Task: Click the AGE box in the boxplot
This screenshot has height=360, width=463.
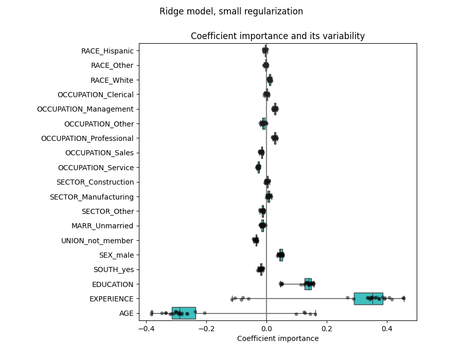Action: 184,313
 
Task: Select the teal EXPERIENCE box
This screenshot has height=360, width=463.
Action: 368,298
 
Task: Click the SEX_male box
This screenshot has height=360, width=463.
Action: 281,255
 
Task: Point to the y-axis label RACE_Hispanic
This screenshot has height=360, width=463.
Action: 107,51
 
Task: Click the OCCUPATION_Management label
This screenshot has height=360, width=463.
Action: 85,109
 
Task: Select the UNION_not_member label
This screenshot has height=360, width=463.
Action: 97,240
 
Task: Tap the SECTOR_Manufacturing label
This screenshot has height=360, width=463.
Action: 92,196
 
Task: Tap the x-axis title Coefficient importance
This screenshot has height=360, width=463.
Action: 278,338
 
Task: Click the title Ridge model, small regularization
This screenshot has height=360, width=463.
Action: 231,11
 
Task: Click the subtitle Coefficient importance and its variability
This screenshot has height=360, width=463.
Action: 278,36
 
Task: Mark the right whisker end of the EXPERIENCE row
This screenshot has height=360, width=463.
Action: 404,298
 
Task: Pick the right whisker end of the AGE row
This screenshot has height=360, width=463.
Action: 315,313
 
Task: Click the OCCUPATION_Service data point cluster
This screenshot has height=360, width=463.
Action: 258,167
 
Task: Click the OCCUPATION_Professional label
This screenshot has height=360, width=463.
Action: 87,138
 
